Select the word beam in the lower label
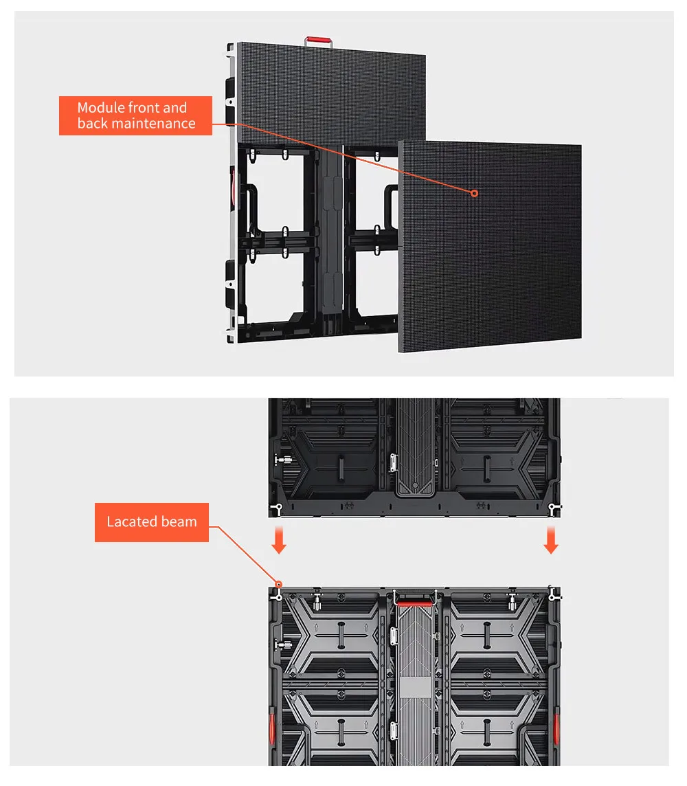point(179,522)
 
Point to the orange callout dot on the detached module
point(474,193)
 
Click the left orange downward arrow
point(279,540)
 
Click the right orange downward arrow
point(551,540)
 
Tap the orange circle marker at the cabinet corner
point(279,585)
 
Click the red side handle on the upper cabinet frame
point(232,187)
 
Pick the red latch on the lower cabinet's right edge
point(556,729)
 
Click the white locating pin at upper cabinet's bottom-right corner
point(553,509)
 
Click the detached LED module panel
point(490,246)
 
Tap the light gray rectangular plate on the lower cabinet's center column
point(416,687)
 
